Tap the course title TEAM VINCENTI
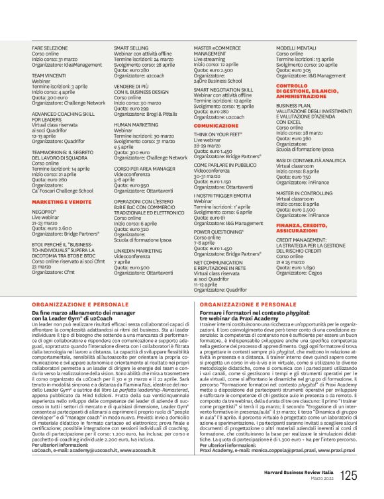(48, 76)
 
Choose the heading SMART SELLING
(130, 49)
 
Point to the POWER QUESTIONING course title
(220, 233)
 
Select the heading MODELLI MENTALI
(295, 49)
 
